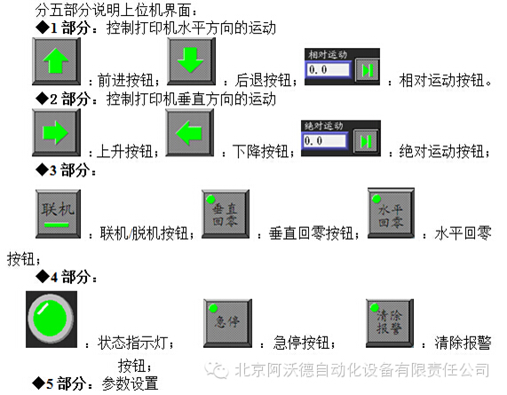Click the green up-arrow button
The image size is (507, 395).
point(56,61)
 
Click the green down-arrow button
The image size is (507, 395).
point(191,61)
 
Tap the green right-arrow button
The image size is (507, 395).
point(56,132)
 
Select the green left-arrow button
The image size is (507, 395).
point(189,132)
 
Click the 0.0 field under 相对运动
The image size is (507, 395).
point(329,69)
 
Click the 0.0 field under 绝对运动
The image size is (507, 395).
point(324,140)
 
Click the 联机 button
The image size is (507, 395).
point(59,214)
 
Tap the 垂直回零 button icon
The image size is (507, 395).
point(226,214)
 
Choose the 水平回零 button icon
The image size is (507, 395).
point(391,213)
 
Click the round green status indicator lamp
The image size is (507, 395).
point(51,319)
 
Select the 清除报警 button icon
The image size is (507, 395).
point(390,323)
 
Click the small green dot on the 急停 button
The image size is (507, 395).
point(213,308)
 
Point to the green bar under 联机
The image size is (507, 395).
point(57,225)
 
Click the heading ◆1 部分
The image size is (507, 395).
point(62,28)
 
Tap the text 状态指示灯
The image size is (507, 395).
point(132,343)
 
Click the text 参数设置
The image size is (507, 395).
point(130,383)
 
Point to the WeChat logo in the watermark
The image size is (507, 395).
point(217,370)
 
